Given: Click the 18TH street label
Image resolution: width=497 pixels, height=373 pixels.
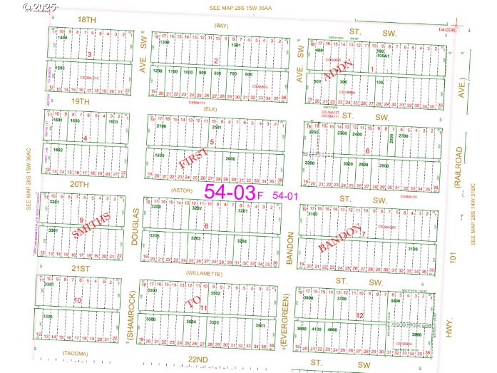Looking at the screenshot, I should (86, 19).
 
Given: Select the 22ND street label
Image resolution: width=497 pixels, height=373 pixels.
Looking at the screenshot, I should (198, 358).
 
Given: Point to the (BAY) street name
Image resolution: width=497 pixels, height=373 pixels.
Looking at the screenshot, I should (220, 26).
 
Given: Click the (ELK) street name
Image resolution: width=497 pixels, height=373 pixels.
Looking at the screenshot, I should (210, 109).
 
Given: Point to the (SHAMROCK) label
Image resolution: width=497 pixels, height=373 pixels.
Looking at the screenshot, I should (130, 315).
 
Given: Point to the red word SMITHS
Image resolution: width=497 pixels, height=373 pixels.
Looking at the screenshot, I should (91, 225).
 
